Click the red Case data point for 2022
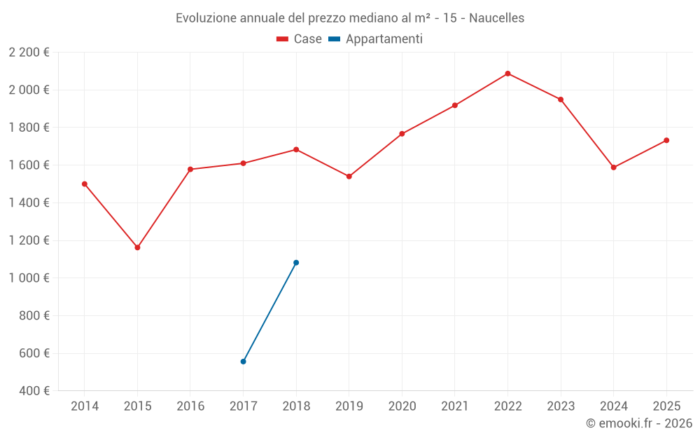click(507, 74)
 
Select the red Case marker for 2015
click(137, 247)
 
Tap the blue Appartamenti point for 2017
click(243, 362)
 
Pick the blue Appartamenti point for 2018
click(296, 263)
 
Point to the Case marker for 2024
click(613, 167)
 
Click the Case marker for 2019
click(349, 177)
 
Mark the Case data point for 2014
click(85, 184)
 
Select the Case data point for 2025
click(666, 140)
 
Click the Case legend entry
click(300, 39)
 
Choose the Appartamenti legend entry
click(376, 39)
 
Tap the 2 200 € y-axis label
click(29, 52)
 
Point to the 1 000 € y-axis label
click(29, 278)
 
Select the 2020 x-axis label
click(402, 406)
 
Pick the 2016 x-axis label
click(190, 406)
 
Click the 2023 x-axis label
click(561, 406)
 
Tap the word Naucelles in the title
click(496, 18)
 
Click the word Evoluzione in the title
click(206, 18)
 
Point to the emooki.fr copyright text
click(638, 423)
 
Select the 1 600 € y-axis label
click(29, 165)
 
